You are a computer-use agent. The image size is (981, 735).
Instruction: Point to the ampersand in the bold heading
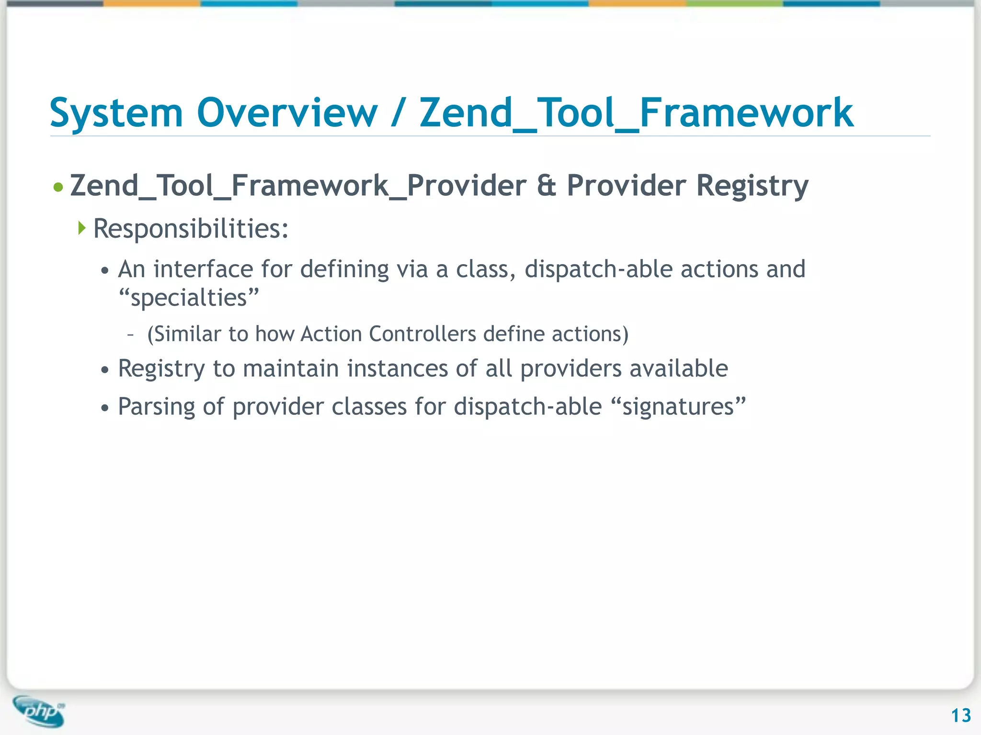click(x=547, y=186)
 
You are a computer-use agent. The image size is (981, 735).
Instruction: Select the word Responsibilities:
click(x=191, y=229)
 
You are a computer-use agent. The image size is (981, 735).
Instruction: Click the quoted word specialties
click(x=189, y=298)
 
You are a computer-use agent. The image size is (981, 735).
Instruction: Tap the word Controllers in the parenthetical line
click(x=422, y=334)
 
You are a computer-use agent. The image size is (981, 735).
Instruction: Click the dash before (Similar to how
click(x=130, y=334)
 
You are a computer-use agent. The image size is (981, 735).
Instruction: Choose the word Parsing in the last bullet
click(x=156, y=407)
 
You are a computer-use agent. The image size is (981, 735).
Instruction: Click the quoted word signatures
click(x=678, y=407)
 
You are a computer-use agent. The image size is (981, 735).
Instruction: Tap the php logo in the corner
click(x=39, y=711)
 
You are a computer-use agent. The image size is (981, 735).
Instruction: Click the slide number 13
click(x=960, y=715)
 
